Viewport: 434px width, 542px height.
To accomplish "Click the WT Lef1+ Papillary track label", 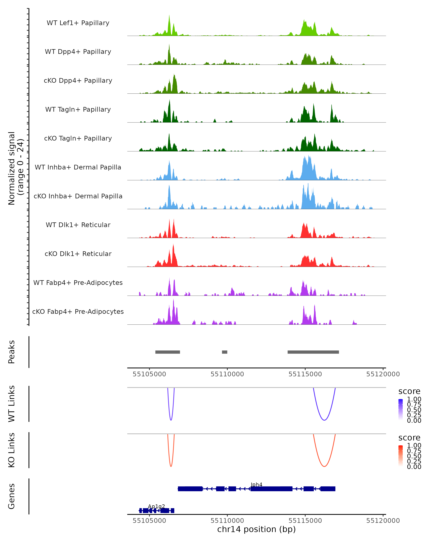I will pos(78,23).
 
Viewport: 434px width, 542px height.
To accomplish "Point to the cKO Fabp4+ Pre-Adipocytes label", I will pos(78,311).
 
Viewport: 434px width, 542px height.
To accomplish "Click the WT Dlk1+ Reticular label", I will pos(78,225).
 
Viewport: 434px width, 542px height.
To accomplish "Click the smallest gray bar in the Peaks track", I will pos(224,352).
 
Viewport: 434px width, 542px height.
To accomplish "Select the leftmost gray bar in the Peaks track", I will pos(168,352).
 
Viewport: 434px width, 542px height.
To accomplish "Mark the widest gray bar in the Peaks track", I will pos(313,352).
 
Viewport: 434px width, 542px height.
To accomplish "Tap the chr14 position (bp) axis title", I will pos(256,529).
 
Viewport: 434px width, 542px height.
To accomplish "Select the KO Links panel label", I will pos(12,450).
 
